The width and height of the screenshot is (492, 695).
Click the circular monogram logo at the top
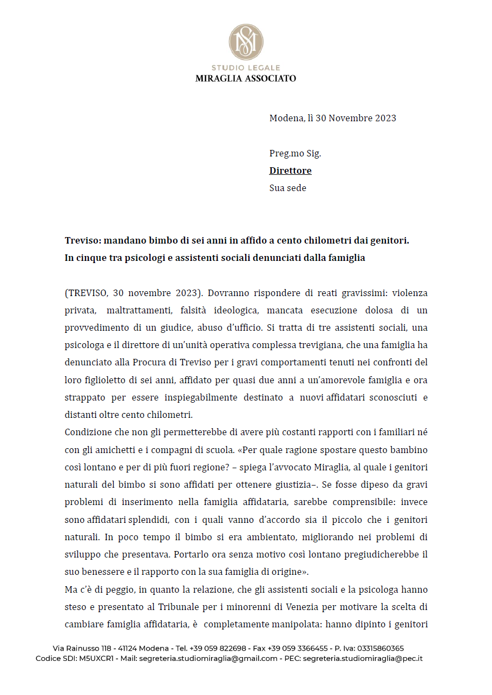tap(246, 42)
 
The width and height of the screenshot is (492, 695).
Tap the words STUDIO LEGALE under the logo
tap(246, 68)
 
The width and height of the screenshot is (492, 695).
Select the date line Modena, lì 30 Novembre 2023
tap(332, 118)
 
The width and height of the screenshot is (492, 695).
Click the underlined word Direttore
tap(290, 171)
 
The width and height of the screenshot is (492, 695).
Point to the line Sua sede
tap(287, 188)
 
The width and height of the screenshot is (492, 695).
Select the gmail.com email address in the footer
tap(208, 659)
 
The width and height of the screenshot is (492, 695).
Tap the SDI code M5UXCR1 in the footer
tap(97, 659)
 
